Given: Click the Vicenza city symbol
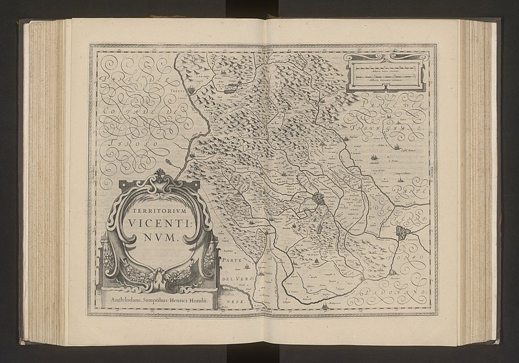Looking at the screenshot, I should point(320,199).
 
